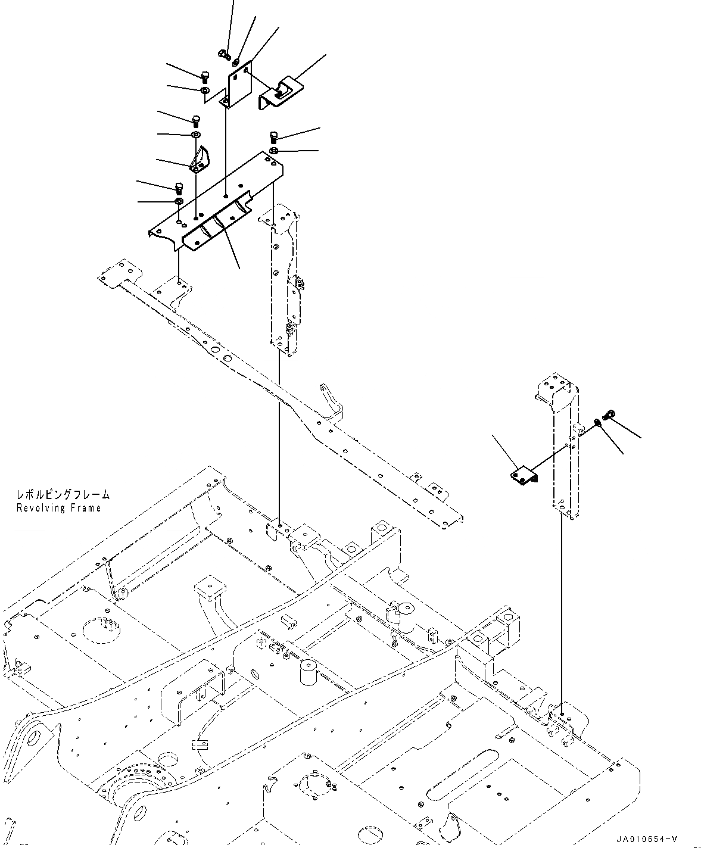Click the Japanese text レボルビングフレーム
[63, 494]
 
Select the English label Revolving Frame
[58, 508]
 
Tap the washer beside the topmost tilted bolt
[236, 62]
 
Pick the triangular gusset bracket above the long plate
[200, 160]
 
